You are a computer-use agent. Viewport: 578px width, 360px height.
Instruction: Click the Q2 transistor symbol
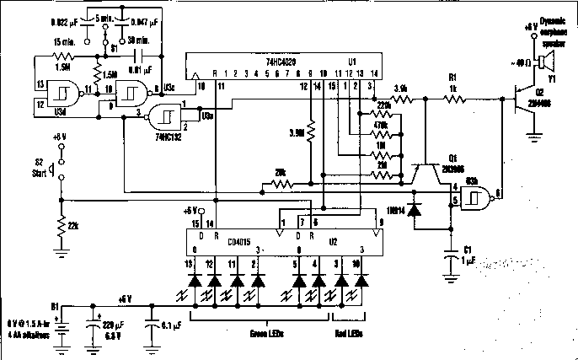click(x=523, y=100)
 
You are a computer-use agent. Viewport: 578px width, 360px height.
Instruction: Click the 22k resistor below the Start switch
click(x=61, y=226)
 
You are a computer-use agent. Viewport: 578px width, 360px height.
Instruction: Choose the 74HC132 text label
click(x=171, y=136)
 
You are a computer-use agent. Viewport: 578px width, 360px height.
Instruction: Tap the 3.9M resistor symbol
click(x=310, y=133)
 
